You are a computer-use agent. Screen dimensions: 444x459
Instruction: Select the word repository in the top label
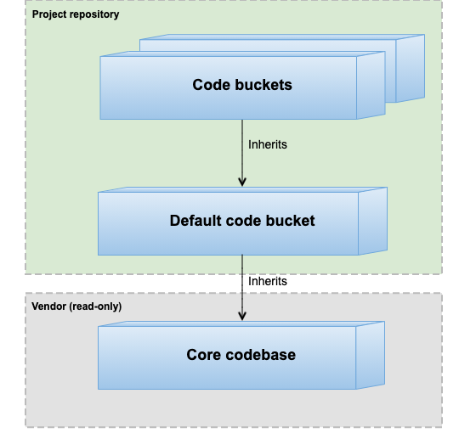[94, 14]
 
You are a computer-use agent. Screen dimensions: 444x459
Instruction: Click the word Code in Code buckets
[210, 85]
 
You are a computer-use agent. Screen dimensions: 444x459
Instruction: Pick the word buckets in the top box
[261, 85]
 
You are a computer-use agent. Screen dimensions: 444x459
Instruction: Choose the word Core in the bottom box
[204, 355]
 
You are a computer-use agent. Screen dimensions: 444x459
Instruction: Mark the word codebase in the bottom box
[260, 355]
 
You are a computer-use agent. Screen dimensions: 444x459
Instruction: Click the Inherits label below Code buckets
[268, 144]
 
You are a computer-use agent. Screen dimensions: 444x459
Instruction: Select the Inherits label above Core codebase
[268, 281]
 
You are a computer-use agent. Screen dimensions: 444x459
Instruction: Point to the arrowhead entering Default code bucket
[242, 181]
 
